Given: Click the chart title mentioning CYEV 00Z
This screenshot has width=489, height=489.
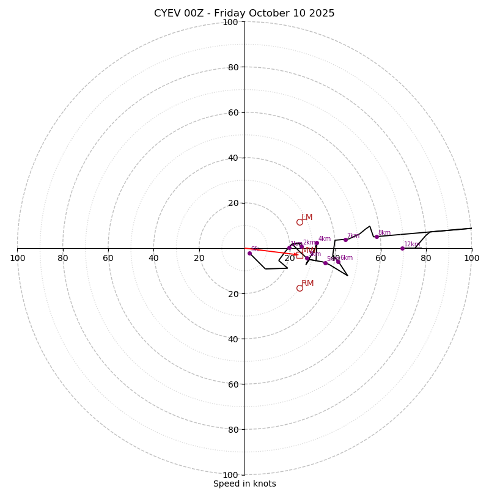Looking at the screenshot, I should (x=244, y=13).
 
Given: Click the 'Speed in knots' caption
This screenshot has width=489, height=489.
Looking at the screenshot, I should (x=244, y=484).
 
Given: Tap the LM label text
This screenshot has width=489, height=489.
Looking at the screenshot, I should (x=307, y=218).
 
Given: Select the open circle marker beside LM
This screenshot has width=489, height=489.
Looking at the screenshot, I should (x=300, y=222).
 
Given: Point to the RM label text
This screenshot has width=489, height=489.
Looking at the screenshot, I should (x=307, y=284).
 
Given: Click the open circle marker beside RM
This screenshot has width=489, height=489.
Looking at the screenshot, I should (x=300, y=288).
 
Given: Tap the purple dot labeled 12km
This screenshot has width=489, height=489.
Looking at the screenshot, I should (x=402, y=248).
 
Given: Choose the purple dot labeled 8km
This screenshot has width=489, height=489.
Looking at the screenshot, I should (x=377, y=237).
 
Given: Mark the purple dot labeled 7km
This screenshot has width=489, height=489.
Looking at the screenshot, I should (x=345, y=240).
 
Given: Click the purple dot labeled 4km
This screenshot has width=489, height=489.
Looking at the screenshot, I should (x=317, y=243).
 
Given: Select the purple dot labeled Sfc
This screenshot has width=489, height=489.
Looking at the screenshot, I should (x=249, y=253).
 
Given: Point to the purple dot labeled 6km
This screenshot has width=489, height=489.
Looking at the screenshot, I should (x=338, y=262).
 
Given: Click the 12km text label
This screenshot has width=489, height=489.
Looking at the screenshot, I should (x=412, y=244).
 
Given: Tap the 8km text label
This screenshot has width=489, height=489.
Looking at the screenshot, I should (x=384, y=233).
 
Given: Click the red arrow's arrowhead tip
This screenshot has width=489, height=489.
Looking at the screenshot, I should (x=298, y=254).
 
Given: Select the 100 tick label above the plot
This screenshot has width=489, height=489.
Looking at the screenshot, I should (x=230, y=23).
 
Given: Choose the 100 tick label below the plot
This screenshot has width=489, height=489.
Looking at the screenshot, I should (x=230, y=475).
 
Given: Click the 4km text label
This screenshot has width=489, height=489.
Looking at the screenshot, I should (x=325, y=239).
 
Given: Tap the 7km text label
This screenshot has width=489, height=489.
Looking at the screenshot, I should (x=353, y=236).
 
